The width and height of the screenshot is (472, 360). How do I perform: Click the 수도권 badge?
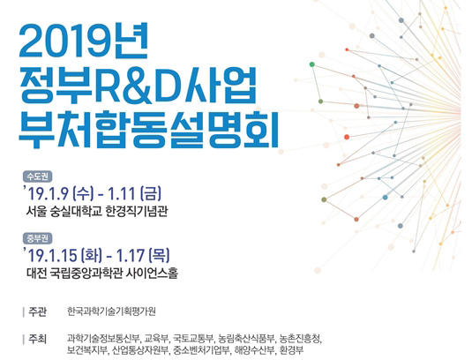pyautogui.click(x=37, y=176)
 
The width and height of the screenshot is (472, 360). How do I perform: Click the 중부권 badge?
pyautogui.click(x=37, y=238)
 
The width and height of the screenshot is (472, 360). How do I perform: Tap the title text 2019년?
pyautogui.click(x=84, y=41)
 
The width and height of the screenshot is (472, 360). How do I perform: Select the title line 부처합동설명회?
pyautogui.click(x=148, y=130)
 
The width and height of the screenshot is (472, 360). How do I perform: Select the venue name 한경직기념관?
pyautogui.click(x=137, y=211)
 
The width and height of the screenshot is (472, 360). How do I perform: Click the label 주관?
pyautogui.click(x=38, y=311)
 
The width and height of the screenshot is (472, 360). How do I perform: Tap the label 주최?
pyautogui.click(x=38, y=339)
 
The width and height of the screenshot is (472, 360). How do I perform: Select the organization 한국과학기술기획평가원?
pyautogui.click(x=111, y=311)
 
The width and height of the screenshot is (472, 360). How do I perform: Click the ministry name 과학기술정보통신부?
pyautogui.click(x=103, y=339)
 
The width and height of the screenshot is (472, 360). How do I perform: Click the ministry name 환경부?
pyautogui.click(x=291, y=350)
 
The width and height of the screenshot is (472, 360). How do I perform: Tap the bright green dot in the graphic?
pyautogui.click(x=312, y=64)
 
